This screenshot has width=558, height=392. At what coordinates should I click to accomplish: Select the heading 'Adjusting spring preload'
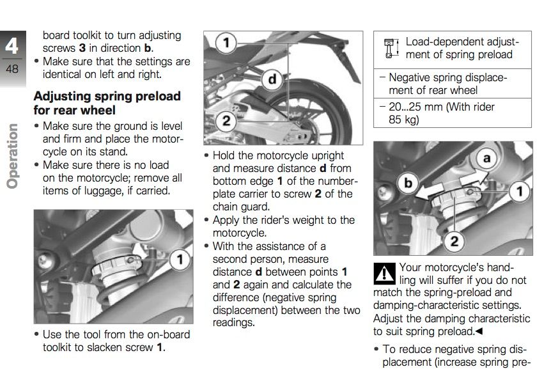107,96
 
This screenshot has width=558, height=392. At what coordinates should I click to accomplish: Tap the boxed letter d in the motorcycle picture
273,79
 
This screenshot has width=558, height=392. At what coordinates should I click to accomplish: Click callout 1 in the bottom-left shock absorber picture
180,259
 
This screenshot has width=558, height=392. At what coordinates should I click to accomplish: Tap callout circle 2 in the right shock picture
453,240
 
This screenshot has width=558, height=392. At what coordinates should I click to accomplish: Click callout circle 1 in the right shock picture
519,191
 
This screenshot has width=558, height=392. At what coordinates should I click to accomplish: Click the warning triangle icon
384,274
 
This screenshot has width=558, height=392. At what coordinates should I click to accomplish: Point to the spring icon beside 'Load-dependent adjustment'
389,49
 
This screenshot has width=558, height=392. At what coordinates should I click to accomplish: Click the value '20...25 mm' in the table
416,107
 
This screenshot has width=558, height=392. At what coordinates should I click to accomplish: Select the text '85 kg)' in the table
403,119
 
